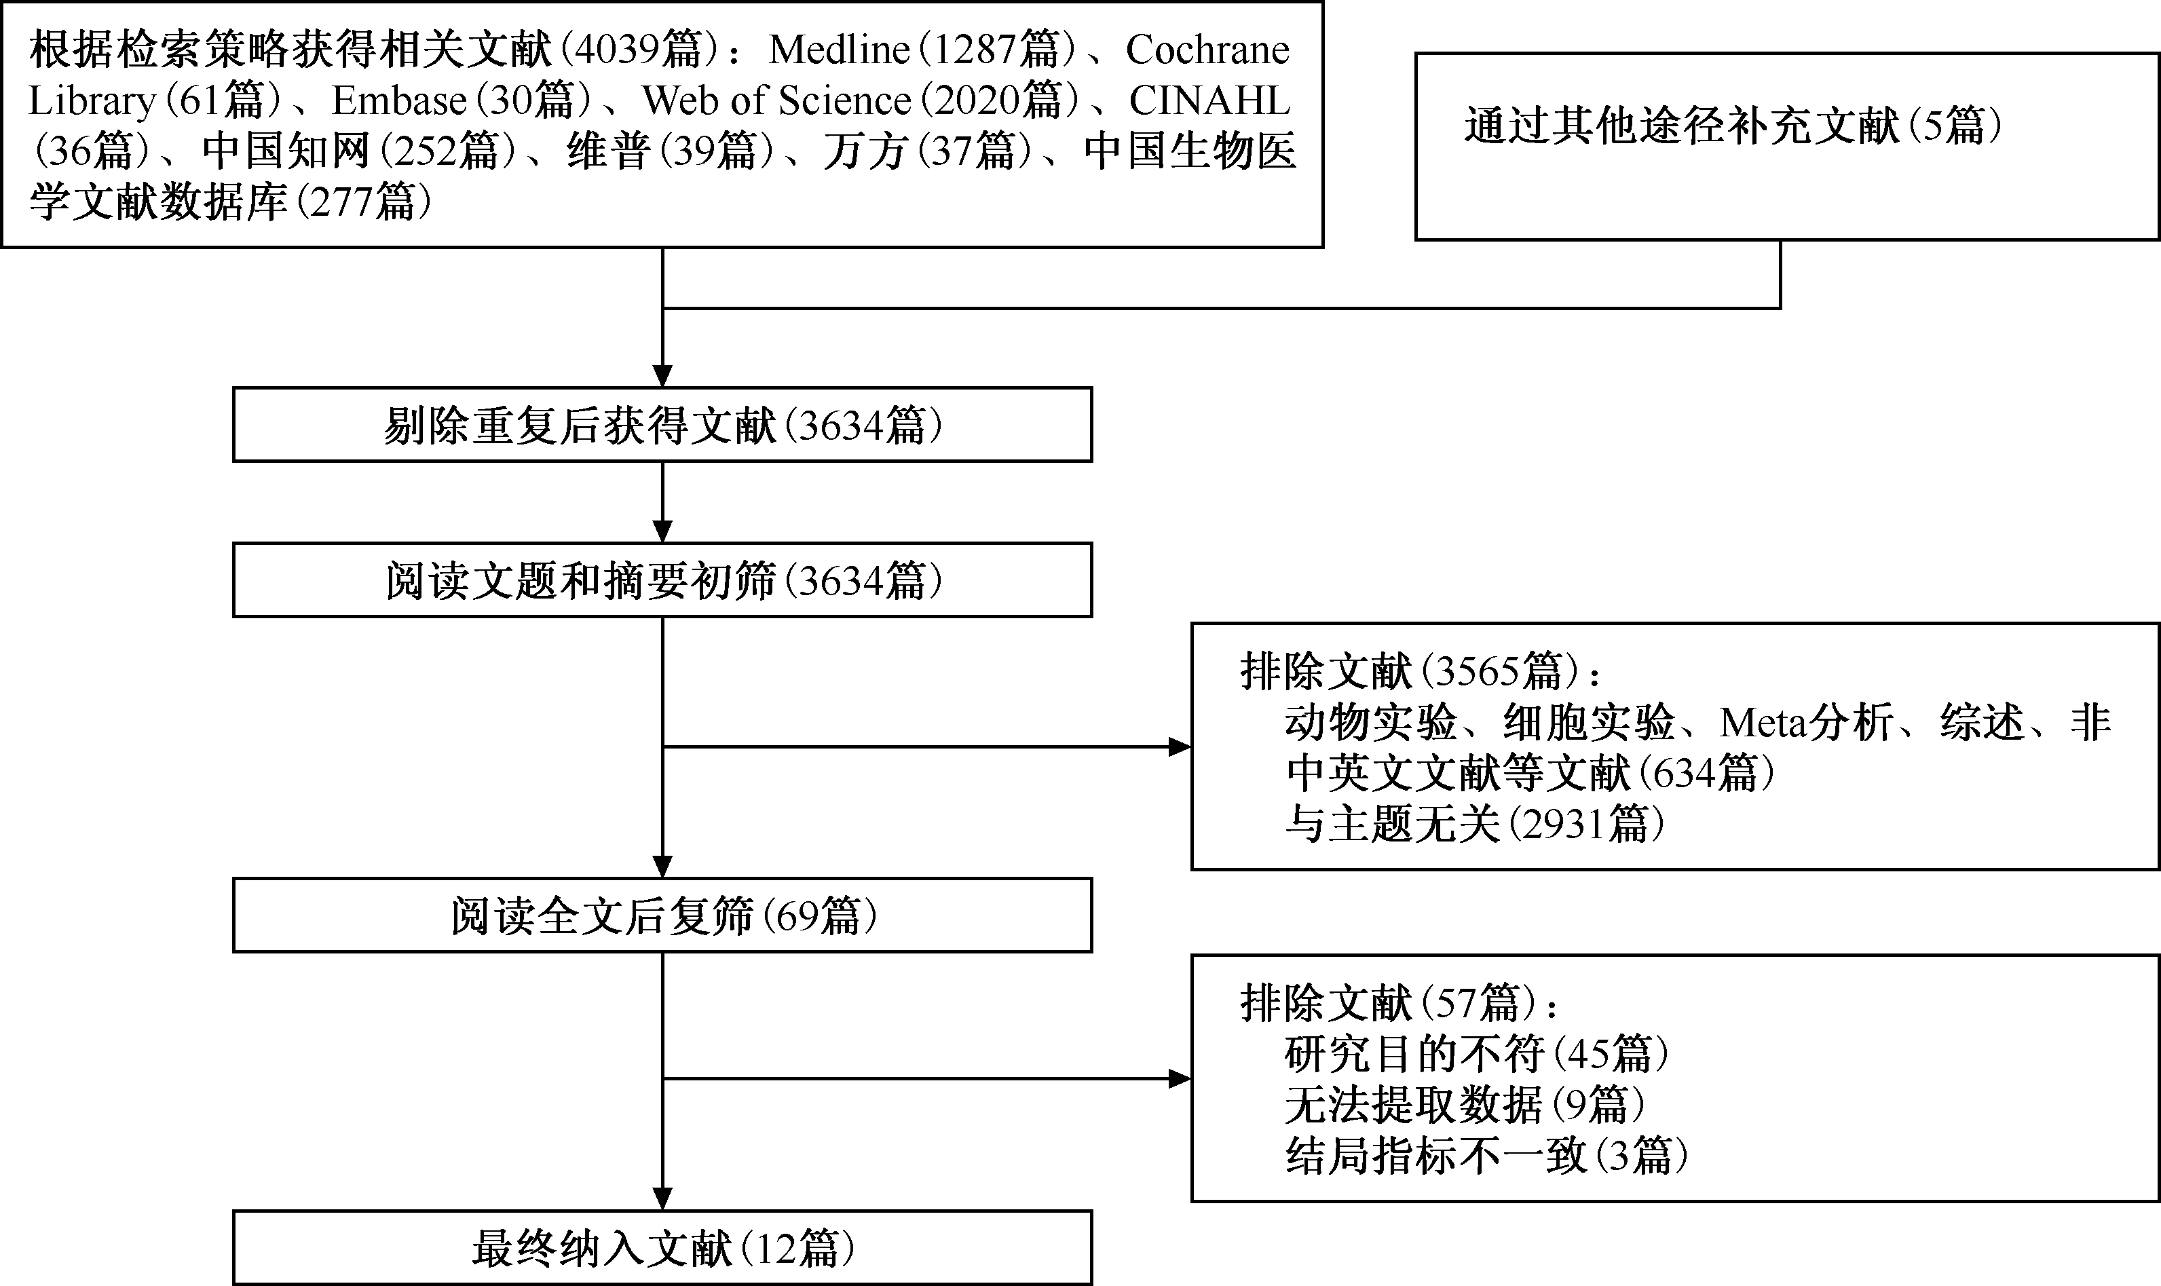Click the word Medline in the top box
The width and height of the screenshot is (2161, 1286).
(839, 50)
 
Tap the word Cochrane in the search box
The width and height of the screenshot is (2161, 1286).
(1207, 50)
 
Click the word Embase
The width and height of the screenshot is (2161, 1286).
(400, 100)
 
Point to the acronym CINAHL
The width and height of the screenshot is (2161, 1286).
(1209, 100)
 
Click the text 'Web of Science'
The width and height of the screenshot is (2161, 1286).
(776, 100)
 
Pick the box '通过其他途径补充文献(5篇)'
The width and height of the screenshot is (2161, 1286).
(1786, 147)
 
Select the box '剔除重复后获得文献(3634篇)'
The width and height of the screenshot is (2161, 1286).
(662, 425)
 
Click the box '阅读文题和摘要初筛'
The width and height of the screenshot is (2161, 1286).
(662, 580)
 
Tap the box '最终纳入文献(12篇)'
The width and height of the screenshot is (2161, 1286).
(662, 1248)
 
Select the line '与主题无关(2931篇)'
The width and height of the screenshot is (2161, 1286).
(1475, 824)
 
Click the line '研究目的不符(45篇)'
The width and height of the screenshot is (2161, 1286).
(1476, 1055)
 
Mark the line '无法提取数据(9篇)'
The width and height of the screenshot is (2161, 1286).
(1465, 1105)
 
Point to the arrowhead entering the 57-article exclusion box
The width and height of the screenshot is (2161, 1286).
(1180, 1079)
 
